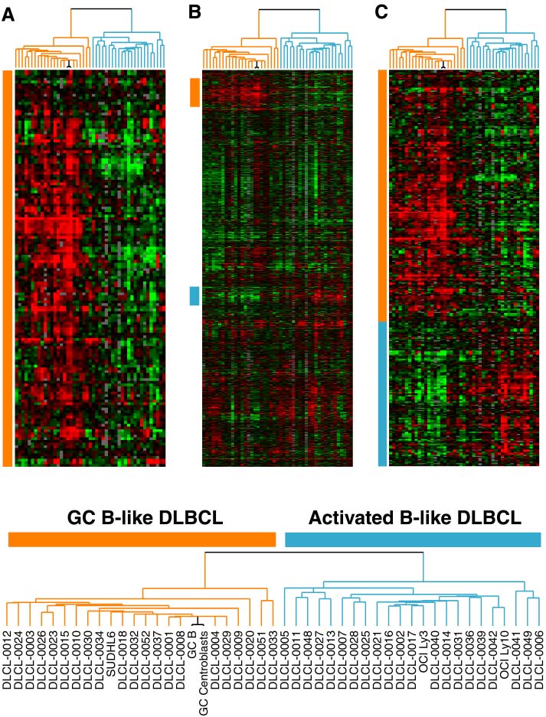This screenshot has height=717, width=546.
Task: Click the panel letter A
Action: [x=8, y=14]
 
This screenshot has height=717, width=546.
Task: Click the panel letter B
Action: [x=195, y=12]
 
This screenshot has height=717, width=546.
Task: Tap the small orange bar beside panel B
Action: [x=195, y=91]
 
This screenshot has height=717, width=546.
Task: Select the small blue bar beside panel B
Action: [x=195, y=295]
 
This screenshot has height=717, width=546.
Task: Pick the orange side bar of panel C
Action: [x=382, y=195]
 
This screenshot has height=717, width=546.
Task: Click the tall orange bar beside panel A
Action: [x=8, y=268]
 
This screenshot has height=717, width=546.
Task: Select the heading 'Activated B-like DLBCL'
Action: [x=415, y=518]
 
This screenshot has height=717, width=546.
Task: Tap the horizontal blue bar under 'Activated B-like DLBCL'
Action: [x=413, y=539]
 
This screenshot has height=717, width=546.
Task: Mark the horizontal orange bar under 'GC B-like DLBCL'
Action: [x=142, y=539]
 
